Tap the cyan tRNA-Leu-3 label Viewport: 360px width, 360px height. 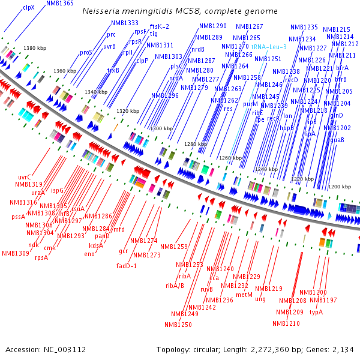pos(269,46)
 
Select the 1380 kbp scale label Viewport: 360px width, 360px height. pos(34,47)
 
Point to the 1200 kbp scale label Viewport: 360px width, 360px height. pos(339,187)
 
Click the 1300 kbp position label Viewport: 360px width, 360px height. pos(161,128)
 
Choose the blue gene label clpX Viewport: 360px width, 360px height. pos(29,8)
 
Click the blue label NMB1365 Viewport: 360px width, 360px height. pos(60,3)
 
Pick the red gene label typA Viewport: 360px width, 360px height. pos(316,312)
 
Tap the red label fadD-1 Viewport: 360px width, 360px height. pos(127,265)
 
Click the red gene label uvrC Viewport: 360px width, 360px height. pos(25,177)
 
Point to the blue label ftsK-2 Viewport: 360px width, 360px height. pos(159,26)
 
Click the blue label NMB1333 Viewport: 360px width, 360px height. pos(124,23)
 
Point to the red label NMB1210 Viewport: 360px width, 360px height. pos(286,323)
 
